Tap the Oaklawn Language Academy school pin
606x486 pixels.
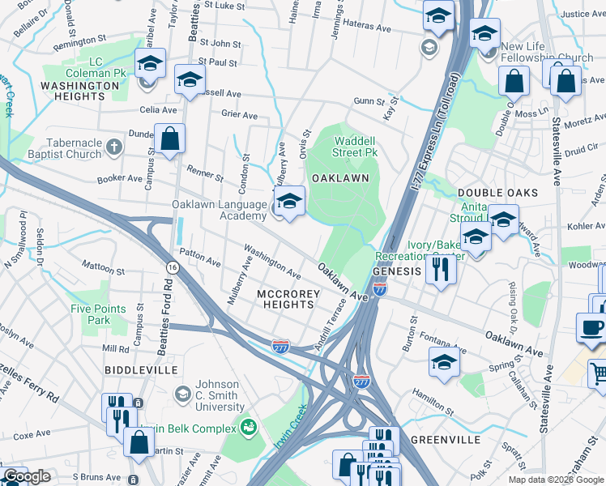tap(289, 202)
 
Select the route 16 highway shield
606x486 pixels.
tap(172, 267)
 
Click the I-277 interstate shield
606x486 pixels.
tap(281, 346)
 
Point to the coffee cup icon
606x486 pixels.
tap(591, 326)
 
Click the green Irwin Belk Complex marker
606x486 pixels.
tap(250, 425)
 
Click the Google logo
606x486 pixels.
tap(26, 476)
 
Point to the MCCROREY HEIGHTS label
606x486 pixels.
tap(284, 298)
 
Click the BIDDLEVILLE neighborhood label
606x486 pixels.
tap(141, 369)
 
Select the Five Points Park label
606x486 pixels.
tap(98, 314)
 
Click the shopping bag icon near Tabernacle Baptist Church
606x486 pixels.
tap(170, 139)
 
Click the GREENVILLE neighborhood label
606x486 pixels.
tap(446, 440)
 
